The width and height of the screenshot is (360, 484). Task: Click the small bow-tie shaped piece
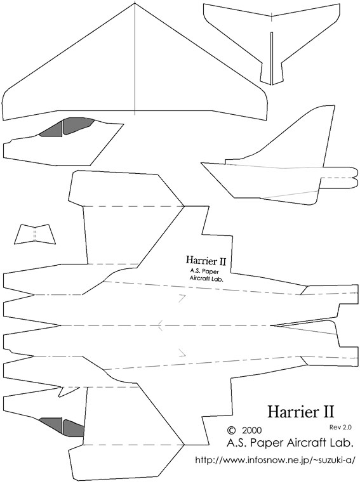point(35,234)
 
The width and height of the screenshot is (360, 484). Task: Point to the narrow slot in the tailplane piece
point(271,58)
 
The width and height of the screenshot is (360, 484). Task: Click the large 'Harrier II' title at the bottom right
point(301,411)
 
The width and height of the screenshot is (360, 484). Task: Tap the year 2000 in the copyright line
point(252,430)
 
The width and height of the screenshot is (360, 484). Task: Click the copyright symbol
point(230,430)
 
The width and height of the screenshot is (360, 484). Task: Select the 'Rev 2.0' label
point(340,427)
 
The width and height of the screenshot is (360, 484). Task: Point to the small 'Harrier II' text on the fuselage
point(206,261)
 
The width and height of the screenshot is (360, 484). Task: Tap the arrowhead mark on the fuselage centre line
point(160,325)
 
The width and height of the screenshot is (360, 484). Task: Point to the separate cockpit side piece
point(63,141)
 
